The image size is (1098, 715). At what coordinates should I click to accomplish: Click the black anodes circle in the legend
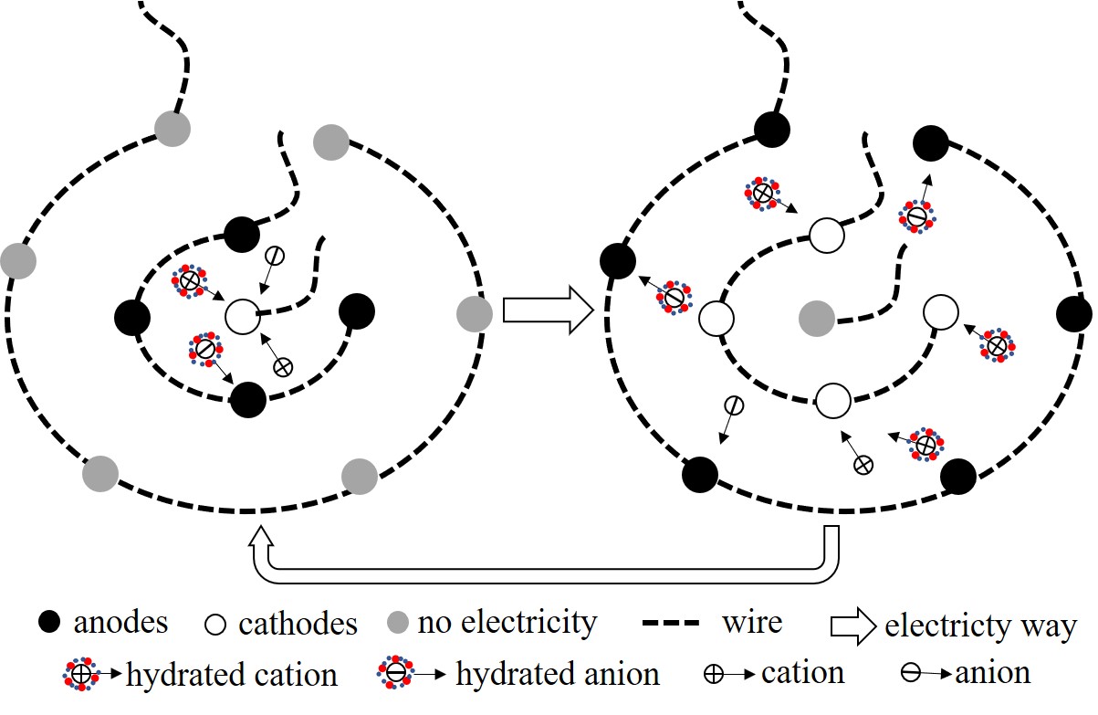pos(51,624)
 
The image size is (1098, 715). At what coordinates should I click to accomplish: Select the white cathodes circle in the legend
pos(216,625)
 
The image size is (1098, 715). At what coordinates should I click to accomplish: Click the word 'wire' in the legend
pos(752,623)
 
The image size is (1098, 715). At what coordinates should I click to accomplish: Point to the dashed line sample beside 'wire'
pos(671,625)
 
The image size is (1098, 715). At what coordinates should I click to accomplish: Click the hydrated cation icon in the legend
pos(80,675)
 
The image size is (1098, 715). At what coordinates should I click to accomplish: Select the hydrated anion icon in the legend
pos(396,674)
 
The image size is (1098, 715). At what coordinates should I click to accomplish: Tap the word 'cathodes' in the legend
pos(298,625)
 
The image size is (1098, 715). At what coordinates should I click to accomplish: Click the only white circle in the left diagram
pos(243,317)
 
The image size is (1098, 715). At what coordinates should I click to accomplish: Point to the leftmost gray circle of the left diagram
pos(18,260)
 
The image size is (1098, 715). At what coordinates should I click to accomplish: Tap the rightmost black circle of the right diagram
pos(1073,314)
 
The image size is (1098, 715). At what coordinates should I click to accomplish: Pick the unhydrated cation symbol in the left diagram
pos(283,367)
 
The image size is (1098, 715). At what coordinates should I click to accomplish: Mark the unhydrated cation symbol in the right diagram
pos(863,465)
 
